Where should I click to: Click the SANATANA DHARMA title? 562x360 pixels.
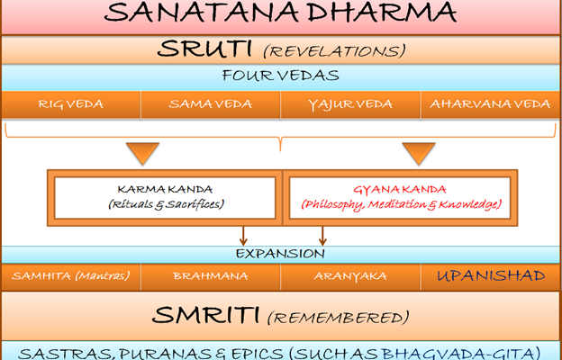pos(280,15)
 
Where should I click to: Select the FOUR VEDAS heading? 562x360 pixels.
pos(280,77)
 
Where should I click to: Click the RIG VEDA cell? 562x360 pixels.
pos(70,104)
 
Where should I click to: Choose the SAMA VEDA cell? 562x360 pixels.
pos(210,104)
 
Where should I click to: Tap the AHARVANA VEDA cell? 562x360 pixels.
pos(490,104)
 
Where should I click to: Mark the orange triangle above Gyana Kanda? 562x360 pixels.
pos(418,152)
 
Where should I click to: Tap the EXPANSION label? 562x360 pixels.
pos(280,253)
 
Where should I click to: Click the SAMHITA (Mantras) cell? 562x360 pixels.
pos(70,275)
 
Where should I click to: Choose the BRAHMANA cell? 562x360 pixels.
pos(210,275)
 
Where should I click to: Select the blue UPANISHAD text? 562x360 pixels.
pos(490,275)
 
